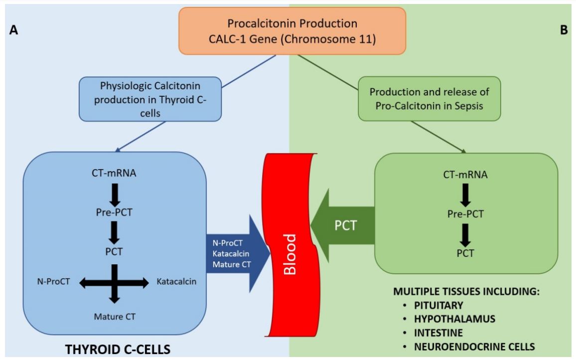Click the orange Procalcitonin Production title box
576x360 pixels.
(x=292, y=30)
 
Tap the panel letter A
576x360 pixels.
(x=13, y=30)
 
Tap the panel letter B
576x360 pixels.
(x=564, y=30)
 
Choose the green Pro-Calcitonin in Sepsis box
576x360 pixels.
(x=429, y=98)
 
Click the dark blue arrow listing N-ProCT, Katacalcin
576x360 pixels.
(x=234, y=253)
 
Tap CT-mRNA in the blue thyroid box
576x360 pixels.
(x=114, y=174)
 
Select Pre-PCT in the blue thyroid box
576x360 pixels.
(x=114, y=213)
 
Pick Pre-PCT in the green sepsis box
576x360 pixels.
(x=465, y=214)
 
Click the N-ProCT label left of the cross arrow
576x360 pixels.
(x=52, y=282)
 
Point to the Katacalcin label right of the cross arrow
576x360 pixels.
(x=176, y=282)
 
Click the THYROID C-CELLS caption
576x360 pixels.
(x=118, y=350)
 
